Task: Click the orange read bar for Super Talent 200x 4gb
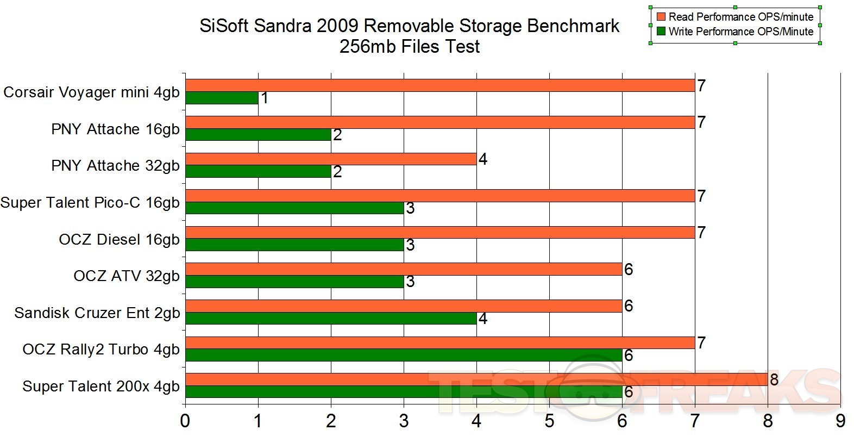pyautogui.click(x=476, y=379)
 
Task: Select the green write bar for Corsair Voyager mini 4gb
pyautogui.click(x=222, y=98)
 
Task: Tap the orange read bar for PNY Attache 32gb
pyautogui.click(x=331, y=159)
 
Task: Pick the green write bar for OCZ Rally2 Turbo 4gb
pyautogui.click(x=404, y=355)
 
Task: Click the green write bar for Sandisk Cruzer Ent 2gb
pyautogui.click(x=331, y=318)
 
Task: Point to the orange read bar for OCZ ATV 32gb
pyautogui.click(x=404, y=269)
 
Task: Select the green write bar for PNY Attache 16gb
pyautogui.click(x=258, y=134)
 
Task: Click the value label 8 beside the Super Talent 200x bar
pyautogui.click(x=774, y=379)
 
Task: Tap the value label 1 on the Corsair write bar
pyautogui.click(x=264, y=98)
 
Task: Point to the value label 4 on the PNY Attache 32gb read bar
pyautogui.click(x=482, y=159)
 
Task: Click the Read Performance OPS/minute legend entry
pyautogui.click(x=740, y=17)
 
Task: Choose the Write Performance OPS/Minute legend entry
pyautogui.click(x=740, y=32)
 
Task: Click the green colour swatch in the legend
pyautogui.click(x=661, y=32)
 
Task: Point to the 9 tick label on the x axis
pyautogui.click(x=840, y=421)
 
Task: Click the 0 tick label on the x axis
pyautogui.click(x=186, y=421)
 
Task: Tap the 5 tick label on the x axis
pyautogui.click(x=549, y=421)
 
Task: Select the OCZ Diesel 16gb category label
pyautogui.click(x=119, y=239)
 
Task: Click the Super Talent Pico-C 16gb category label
pyautogui.click(x=90, y=203)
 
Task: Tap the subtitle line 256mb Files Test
pyautogui.click(x=410, y=47)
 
